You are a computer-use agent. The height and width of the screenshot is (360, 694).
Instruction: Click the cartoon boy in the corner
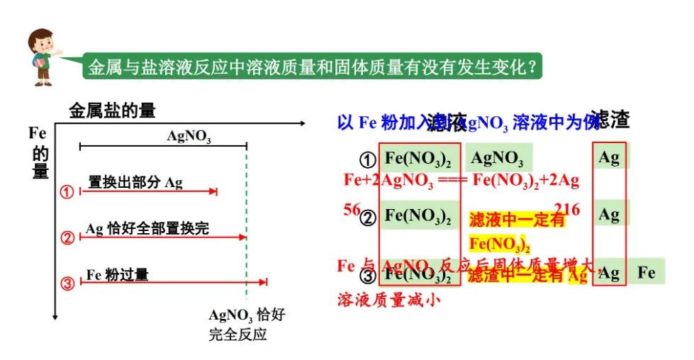pos(44,56)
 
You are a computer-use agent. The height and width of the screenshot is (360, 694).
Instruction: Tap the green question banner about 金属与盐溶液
pos(313,67)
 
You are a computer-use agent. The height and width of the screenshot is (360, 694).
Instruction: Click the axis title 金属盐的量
pos(112,111)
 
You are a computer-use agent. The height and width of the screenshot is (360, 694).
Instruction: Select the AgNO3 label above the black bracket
pos(189,135)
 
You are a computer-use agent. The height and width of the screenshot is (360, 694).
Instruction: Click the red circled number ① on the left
pos(67,192)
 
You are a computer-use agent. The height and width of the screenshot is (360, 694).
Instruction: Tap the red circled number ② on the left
pos(67,237)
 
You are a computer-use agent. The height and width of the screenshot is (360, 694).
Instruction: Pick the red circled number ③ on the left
pos(67,283)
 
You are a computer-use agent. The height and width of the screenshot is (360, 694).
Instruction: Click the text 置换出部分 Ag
pos(135,182)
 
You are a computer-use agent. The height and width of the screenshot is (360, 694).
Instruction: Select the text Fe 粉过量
pos(118,274)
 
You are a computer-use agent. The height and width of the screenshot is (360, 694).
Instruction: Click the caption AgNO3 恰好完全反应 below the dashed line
pos(247,325)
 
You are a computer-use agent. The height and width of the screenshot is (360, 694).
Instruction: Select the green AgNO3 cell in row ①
pos(498,157)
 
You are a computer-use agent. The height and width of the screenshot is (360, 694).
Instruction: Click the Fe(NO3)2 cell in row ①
pos(418,157)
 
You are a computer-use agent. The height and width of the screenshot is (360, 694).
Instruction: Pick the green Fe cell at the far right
pos(647,271)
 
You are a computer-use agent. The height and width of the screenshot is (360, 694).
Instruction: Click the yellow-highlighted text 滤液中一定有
pos(517,220)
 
